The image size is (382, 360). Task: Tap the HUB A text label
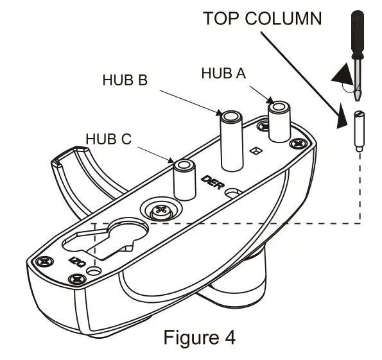coord(223,73)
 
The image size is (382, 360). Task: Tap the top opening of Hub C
coord(184,166)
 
